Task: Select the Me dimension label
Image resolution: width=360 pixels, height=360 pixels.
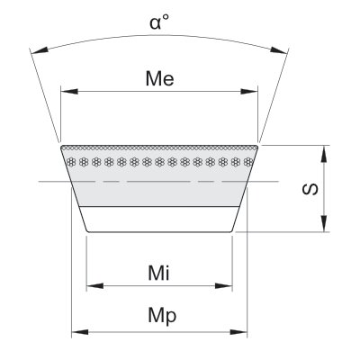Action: pyautogui.click(x=159, y=78)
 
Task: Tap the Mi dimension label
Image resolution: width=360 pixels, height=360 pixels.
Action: pyautogui.click(x=158, y=273)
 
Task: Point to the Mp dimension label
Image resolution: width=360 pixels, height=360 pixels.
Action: pyautogui.click(x=162, y=316)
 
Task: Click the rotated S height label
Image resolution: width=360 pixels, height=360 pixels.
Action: pyautogui.click(x=310, y=189)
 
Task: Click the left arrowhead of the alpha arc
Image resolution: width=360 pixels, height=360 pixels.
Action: pyautogui.click(x=40, y=50)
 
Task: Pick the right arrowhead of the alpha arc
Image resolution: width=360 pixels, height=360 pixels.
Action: pyautogui.click(x=278, y=50)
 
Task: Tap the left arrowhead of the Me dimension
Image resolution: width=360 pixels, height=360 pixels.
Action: pyautogui.click(x=69, y=91)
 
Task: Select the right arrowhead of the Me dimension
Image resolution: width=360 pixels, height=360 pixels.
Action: pyautogui.click(x=249, y=91)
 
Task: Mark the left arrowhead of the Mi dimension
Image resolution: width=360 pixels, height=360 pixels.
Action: pyautogui.click(x=94, y=286)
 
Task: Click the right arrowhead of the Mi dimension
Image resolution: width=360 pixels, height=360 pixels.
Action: pyautogui.click(x=224, y=286)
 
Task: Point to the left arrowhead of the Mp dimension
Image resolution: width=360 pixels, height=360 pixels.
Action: pyautogui.click(x=80, y=332)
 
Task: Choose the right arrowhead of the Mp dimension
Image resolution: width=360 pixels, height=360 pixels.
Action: pyautogui.click(x=238, y=332)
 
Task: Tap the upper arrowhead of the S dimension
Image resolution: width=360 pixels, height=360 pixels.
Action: pyautogui.click(x=324, y=154)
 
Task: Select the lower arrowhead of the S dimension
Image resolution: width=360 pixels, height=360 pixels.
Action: pyautogui.click(x=324, y=223)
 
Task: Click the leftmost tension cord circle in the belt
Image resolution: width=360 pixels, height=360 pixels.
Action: pyautogui.click(x=71, y=162)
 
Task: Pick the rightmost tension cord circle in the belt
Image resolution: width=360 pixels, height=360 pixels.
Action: pyautogui.click(x=247, y=162)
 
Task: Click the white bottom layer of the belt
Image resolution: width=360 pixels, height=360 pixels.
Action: pyautogui.click(x=159, y=220)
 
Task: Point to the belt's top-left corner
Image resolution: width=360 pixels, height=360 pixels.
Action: pyautogui.click(x=61, y=146)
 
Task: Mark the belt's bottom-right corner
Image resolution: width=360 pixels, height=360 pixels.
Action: pyautogui.click(x=232, y=232)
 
